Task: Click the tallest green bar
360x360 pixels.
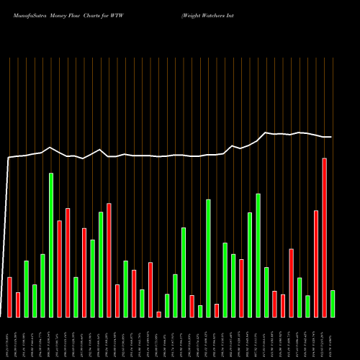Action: (51, 245)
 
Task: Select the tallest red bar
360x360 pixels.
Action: (324, 238)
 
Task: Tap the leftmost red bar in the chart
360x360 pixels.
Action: (9, 297)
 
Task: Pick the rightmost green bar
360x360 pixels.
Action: (333, 303)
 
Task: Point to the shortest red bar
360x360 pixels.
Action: (158, 314)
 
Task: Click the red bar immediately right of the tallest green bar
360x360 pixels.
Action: (59, 269)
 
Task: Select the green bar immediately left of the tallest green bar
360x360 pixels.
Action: (42, 285)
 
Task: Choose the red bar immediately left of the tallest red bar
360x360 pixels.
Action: (316, 264)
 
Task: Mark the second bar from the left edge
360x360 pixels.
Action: (18, 305)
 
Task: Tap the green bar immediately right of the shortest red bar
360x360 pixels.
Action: (167, 305)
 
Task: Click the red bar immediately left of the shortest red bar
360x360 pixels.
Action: (150, 289)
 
